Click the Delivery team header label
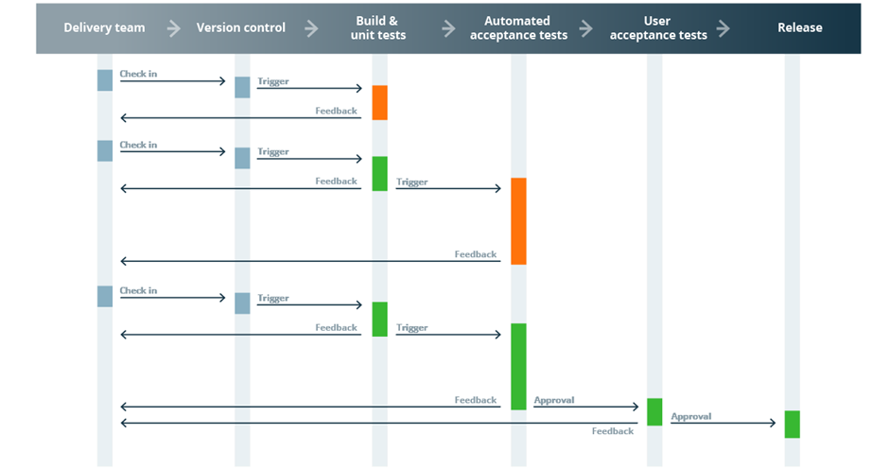[x=104, y=27]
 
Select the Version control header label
[x=240, y=27]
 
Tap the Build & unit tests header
[x=380, y=27]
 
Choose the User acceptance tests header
[x=658, y=27]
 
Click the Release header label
[x=799, y=27]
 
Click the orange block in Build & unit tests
[x=379, y=102]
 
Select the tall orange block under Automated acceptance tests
[x=518, y=220]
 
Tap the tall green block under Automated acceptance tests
[x=518, y=366]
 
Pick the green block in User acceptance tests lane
[x=654, y=411]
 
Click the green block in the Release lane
[x=792, y=424]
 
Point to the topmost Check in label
[x=138, y=74]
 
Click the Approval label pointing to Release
[x=690, y=416]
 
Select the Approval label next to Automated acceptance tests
[x=553, y=400]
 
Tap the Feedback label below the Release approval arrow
[x=612, y=431]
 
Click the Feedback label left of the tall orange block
[x=475, y=254]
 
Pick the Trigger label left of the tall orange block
[x=411, y=182]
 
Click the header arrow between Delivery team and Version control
[x=174, y=28]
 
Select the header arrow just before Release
[x=723, y=28]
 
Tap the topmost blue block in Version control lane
[x=242, y=87]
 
